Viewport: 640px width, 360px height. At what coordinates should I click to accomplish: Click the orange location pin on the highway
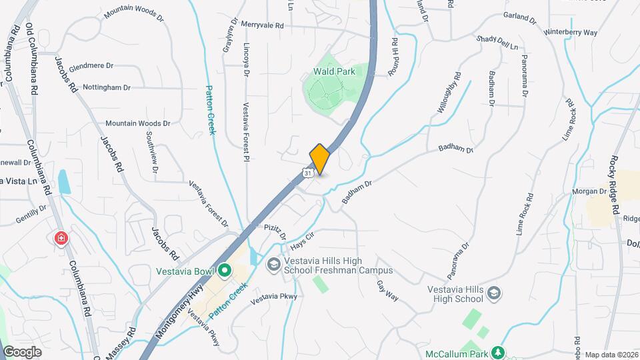coord(320,159)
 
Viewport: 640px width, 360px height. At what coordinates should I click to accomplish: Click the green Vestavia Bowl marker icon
coord(225,271)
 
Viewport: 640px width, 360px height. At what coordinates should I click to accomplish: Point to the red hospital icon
coord(61,237)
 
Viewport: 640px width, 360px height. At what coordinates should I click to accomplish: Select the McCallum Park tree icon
coord(497,352)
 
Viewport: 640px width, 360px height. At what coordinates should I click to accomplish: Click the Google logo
coord(22,352)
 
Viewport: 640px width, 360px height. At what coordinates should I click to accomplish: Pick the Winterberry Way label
coord(570,32)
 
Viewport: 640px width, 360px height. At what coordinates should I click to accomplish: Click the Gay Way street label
coord(387,290)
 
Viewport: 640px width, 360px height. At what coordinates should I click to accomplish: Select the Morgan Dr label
coord(587,192)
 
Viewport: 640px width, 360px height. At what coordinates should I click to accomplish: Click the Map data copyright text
coord(611,355)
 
